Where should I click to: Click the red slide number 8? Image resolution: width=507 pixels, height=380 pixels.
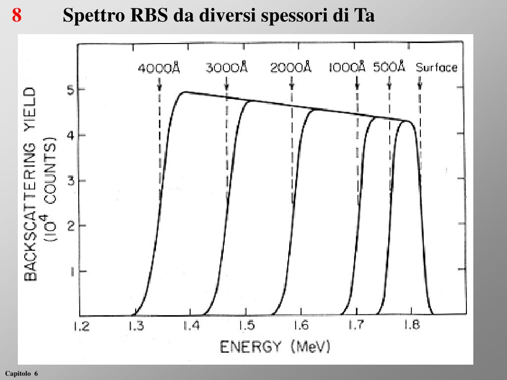[17, 16]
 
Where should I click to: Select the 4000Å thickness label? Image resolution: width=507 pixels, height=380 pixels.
[158, 68]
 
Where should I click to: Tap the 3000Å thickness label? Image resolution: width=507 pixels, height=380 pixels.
[226, 68]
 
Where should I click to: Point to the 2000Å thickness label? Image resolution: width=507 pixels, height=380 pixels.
[291, 68]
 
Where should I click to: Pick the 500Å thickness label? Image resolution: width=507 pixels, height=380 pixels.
[389, 67]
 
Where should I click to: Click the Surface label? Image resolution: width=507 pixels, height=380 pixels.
[436, 68]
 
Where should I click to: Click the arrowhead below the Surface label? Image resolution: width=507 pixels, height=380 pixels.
[420, 86]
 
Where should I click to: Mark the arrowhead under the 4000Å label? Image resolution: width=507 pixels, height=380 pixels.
[159, 86]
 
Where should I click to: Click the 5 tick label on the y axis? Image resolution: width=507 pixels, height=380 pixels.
[69, 90]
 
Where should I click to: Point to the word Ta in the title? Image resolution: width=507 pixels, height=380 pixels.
[364, 16]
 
